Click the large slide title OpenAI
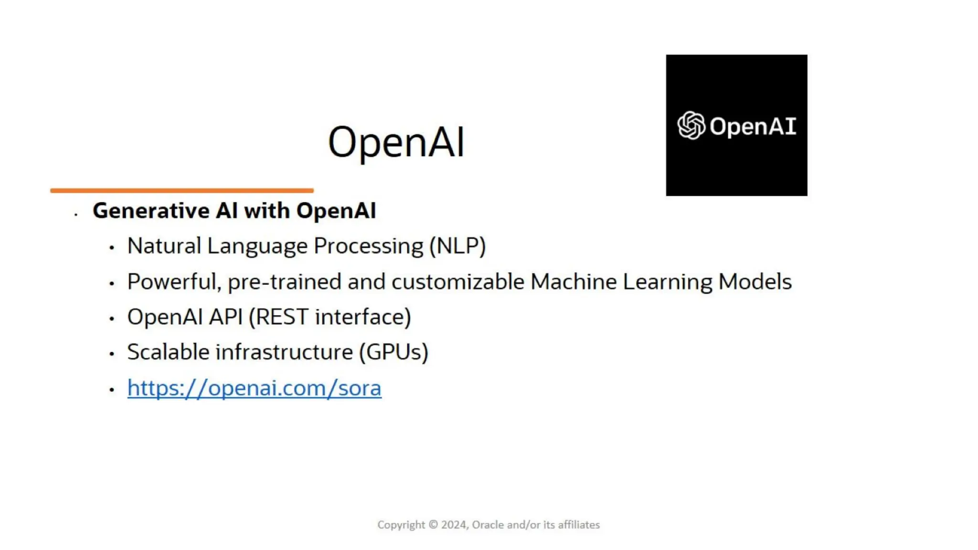pyautogui.click(x=396, y=142)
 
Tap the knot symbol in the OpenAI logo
pyautogui.click(x=691, y=126)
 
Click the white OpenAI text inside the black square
pyautogui.click(x=753, y=127)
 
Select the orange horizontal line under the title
pyautogui.click(x=182, y=190)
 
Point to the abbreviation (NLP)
pyautogui.click(x=457, y=246)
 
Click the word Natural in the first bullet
pyautogui.click(x=164, y=246)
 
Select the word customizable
pyautogui.click(x=458, y=282)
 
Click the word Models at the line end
pyautogui.click(x=755, y=282)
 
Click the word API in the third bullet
pyautogui.click(x=226, y=317)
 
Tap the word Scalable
pyautogui.click(x=168, y=352)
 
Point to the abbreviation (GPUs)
pyautogui.click(x=394, y=352)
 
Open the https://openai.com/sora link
pyautogui.click(x=254, y=388)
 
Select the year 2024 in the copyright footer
pyautogui.click(x=454, y=525)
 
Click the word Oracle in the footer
pyautogui.click(x=488, y=525)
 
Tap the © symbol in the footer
pyautogui.click(x=433, y=525)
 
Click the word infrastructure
pyautogui.click(x=284, y=352)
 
